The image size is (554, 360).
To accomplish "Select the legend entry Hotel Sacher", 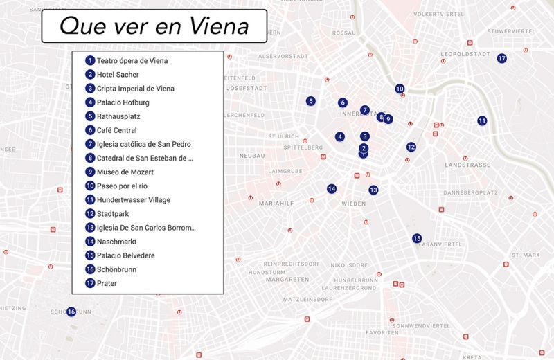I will [x=118, y=75].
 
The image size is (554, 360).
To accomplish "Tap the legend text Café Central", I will [x=116, y=130].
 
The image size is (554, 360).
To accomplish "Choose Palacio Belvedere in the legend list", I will [x=125, y=255].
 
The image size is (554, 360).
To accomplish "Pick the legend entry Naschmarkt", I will [x=116, y=242].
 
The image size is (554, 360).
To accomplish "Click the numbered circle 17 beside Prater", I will [x=90, y=283].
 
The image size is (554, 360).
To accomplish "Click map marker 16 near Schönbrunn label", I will [x=71, y=312].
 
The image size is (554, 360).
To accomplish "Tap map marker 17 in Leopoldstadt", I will [x=502, y=58].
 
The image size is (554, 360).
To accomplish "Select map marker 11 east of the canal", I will [x=482, y=120].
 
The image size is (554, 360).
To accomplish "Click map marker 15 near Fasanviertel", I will [x=417, y=238].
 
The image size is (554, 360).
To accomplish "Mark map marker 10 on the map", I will [x=400, y=89].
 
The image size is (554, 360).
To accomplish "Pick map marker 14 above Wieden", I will [x=332, y=188].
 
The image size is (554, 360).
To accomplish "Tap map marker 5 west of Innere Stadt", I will [x=311, y=101].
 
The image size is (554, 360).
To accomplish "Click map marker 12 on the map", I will [x=411, y=147].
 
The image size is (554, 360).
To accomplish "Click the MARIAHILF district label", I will [x=274, y=204].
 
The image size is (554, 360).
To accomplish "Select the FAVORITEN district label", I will [x=382, y=332].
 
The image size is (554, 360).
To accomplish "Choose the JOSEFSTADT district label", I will [x=247, y=89].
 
